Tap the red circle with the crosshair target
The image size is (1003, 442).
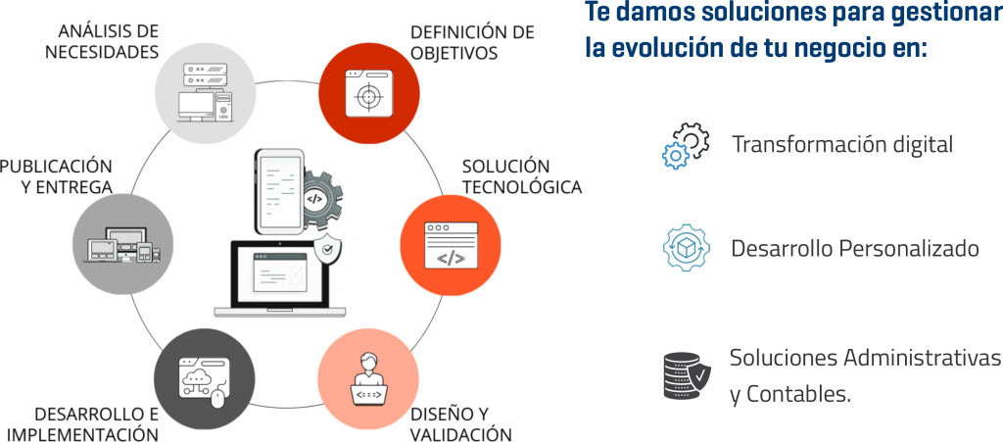tap(371, 94)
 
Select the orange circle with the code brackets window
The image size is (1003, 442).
tap(450, 244)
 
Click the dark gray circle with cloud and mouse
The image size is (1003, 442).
tap(205, 378)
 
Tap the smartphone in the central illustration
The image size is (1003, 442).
tap(278, 191)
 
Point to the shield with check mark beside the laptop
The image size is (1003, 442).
tap(326, 252)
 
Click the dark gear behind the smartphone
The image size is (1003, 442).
tap(319, 196)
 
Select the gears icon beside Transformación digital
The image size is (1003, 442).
tap(686, 145)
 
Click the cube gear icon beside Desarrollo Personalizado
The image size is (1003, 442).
tap(685, 248)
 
